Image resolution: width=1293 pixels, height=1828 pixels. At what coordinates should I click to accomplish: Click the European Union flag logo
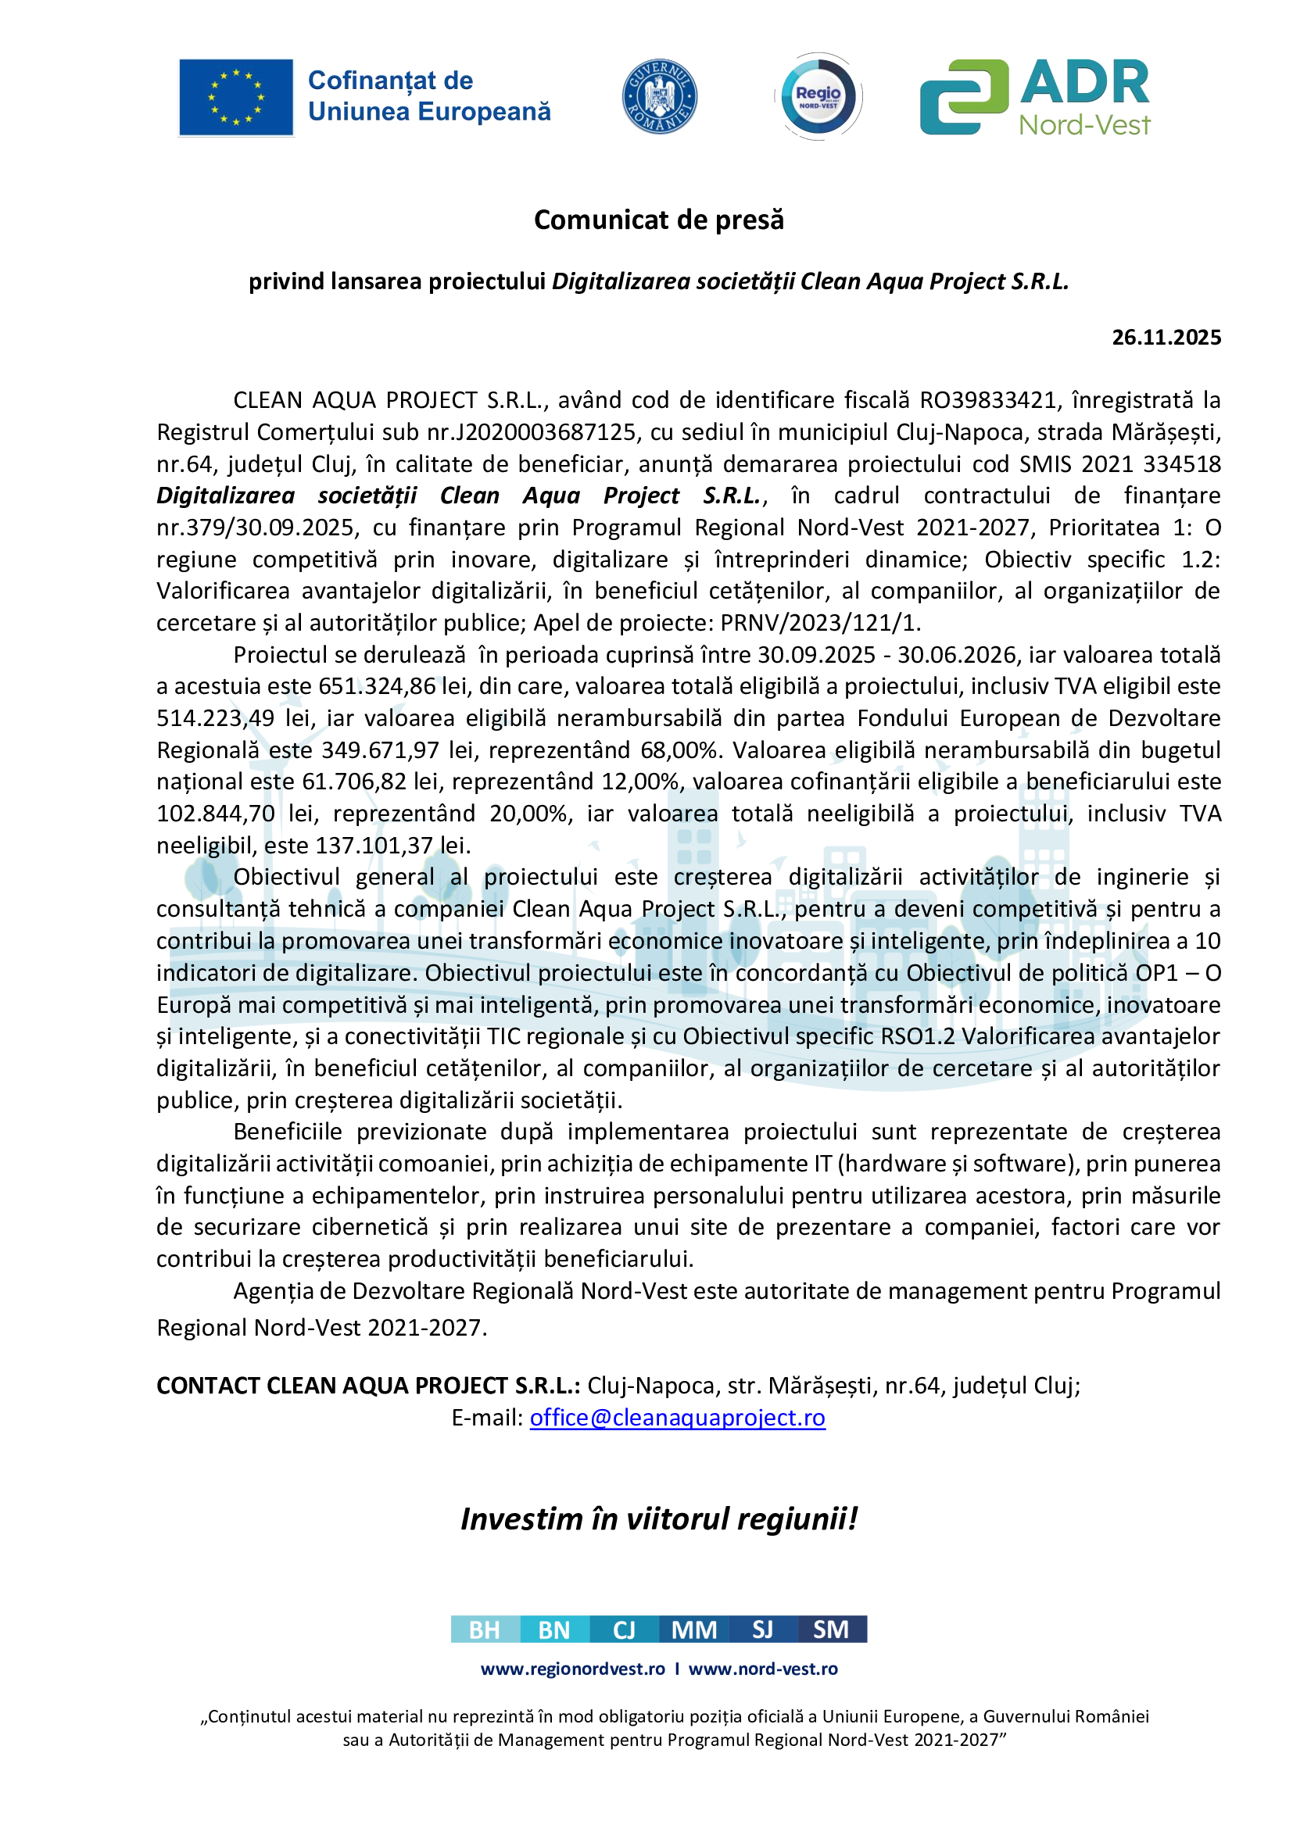[235, 97]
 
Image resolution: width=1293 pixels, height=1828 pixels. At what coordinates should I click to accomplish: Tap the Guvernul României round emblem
[659, 96]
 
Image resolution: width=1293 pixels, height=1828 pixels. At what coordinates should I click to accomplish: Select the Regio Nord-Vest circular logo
[818, 96]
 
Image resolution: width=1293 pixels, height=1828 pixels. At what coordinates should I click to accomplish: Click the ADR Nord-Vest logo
[1035, 97]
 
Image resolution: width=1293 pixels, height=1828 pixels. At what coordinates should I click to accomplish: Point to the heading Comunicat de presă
[658, 220]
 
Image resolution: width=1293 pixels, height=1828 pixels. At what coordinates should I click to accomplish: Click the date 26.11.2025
[1166, 338]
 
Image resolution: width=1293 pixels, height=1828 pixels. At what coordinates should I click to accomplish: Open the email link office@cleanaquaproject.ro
[677, 1417]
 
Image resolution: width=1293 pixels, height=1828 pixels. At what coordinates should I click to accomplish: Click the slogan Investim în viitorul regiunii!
[658, 1519]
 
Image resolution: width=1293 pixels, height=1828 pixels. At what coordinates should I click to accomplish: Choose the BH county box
[485, 1629]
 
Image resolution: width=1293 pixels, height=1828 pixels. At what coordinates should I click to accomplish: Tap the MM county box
[693, 1629]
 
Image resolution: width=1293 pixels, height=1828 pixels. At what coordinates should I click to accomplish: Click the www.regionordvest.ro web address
[572, 1669]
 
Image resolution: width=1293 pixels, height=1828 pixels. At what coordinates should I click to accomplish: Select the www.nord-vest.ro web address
[763, 1669]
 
